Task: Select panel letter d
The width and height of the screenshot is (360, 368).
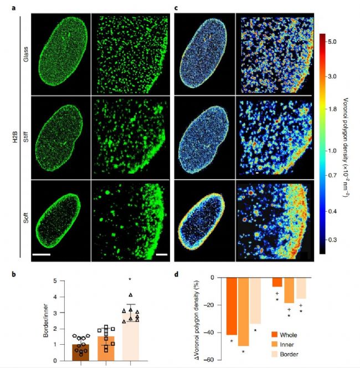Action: tap(176, 273)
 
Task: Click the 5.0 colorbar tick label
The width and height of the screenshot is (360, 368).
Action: tap(333, 42)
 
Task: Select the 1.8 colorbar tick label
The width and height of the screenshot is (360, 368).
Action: tap(333, 110)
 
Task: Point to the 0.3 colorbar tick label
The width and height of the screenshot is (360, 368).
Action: tap(333, 240)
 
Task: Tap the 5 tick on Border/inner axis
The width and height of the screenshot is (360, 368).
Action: tap(70, 281)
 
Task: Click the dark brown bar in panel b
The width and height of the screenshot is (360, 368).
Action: tap(82, 353)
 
